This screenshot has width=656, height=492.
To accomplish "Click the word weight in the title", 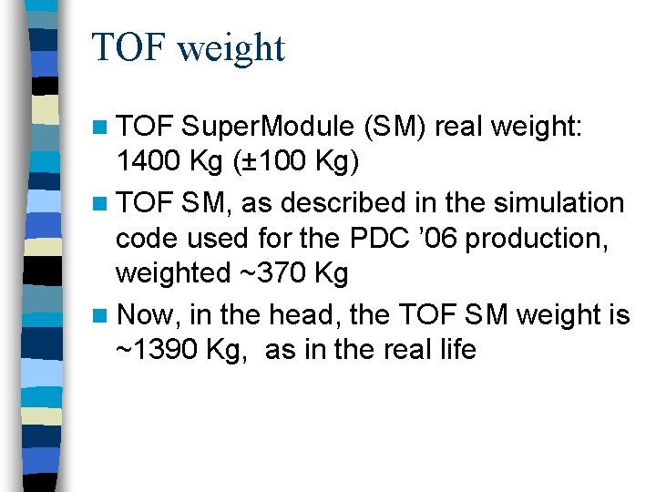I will (x=231, y=47).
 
